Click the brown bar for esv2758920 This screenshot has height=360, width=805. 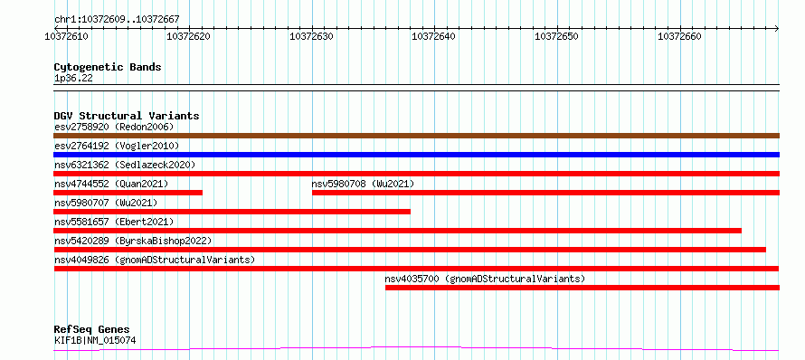point(416,136)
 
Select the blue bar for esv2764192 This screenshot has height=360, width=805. point(416,155)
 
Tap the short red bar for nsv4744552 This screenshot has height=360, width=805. point(128,193)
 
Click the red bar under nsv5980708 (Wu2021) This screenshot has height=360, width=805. point(545,193)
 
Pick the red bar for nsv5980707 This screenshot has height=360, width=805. point(232,212)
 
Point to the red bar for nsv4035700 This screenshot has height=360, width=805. point(582,288)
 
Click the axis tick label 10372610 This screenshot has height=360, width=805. point(66,36)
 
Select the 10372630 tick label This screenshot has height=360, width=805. point(312,36)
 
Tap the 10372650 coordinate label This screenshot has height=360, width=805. point(557,36)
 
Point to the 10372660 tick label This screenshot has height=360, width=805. point(680,36)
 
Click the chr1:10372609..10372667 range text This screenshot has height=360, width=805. point(117,20)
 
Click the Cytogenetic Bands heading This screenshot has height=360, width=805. point(108,67)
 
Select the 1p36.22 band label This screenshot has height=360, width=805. point(73,79)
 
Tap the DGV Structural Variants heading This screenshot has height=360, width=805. point(127,116)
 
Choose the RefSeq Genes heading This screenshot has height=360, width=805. point(92,329)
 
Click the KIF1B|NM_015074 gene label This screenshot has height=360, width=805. point(95,340)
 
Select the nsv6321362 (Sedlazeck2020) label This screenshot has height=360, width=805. point(125,165)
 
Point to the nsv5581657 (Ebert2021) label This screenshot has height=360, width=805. point(114,222)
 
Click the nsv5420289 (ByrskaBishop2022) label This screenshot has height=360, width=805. point(133,241)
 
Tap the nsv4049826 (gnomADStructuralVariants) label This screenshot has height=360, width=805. point(155,260)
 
